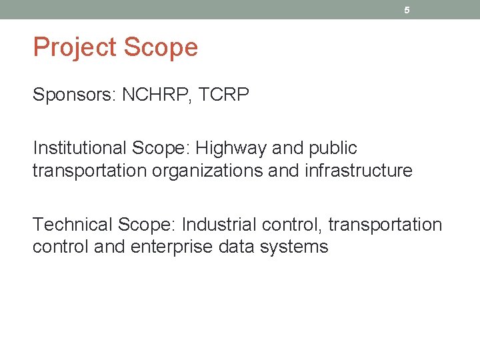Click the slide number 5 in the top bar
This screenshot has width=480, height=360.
coord(407,10)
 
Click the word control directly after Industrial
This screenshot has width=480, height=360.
coord(291,224)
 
